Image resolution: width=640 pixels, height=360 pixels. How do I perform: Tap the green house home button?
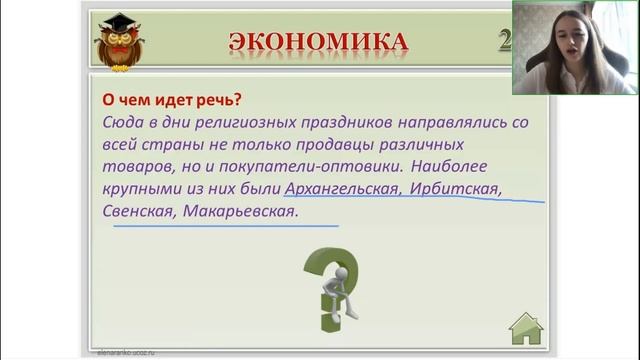pos(526,326)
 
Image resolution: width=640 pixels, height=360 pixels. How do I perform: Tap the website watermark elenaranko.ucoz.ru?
pos(125,353)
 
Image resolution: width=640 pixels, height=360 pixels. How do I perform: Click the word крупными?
pos(140,188)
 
